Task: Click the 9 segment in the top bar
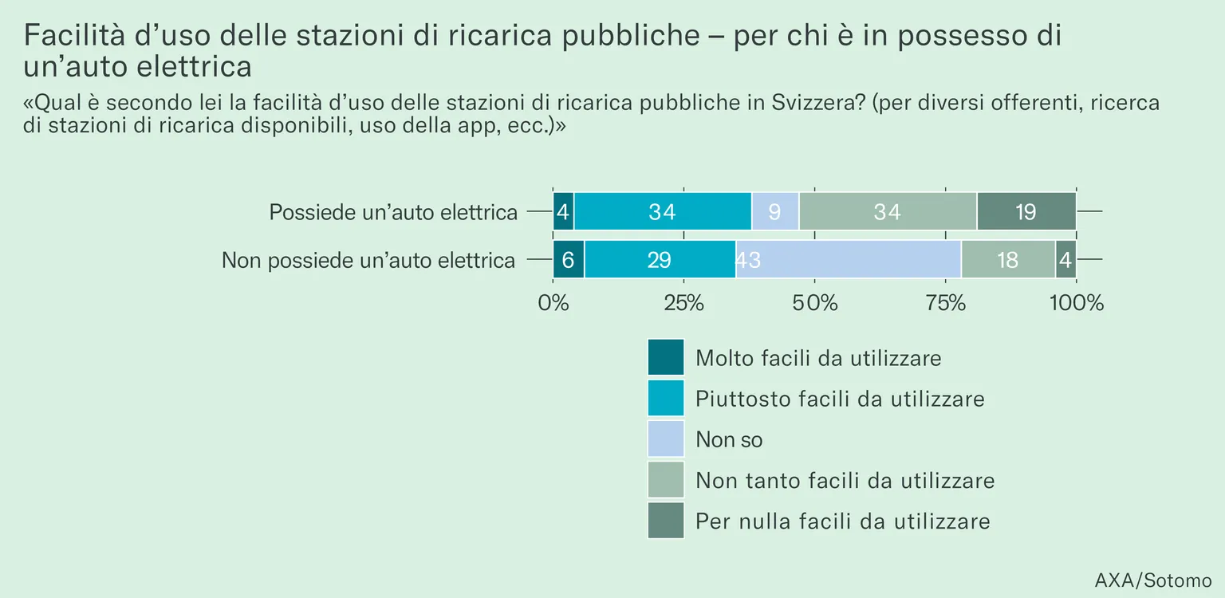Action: [x=775, y=211]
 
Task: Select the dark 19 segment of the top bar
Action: [x=1026, y=211]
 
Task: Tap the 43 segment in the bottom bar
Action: [x=849, y=260]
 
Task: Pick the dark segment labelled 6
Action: [x=569, y=260]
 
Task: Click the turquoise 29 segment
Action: [x=660, y=260]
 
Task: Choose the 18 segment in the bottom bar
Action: [x=1008, y=260]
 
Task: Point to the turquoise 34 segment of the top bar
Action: [x=663, y=211]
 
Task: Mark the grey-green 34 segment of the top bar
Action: [x=888, y=211]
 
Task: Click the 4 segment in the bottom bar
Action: [x=1065, y=260]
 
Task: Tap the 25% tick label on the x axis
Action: [x=684, y=303]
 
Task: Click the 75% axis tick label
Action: [x=946, y=303]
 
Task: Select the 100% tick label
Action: [x=1076, y=303]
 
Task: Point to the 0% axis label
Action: [x=553, y=303]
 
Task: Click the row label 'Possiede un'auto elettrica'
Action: [x=393, y=212]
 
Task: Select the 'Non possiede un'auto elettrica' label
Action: [x=368, y=260]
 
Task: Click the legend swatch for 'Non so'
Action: [x=666, y=439]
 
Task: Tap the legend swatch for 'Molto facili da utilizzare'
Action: [x=666, y=357]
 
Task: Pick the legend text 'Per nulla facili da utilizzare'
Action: [x=843, y=521]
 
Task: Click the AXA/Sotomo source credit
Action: [x=1153, y=580]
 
